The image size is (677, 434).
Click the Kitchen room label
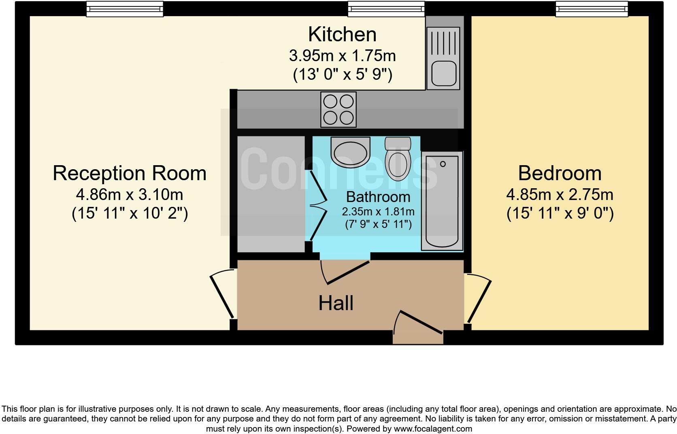click(342, 34)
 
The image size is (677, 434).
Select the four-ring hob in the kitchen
click(338, 109)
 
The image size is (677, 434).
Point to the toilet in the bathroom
click(398, 160)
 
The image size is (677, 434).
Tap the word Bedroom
click(560, 173)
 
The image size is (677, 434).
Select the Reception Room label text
click(130, 173)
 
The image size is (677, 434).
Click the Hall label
click(336, 303)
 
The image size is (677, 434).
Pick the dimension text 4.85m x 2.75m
click(560, 195)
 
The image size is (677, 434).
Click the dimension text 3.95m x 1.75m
click(342, 55)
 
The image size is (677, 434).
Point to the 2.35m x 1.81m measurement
click(378, 212)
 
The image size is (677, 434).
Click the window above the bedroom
click(592, 9)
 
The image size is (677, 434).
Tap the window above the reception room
click(125, 9)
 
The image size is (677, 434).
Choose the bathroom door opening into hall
click(346, 272)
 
